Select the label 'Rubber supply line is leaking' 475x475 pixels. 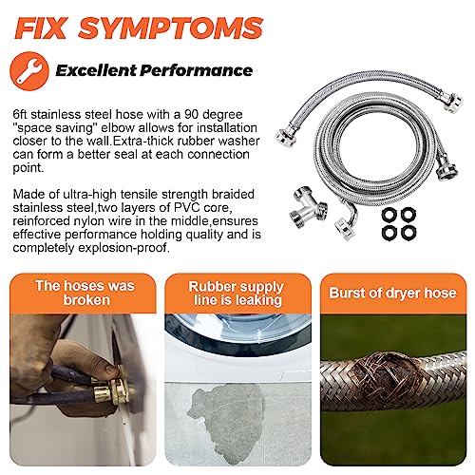tap(237, 291)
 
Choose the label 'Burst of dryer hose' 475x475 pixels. tap(393, 291)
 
